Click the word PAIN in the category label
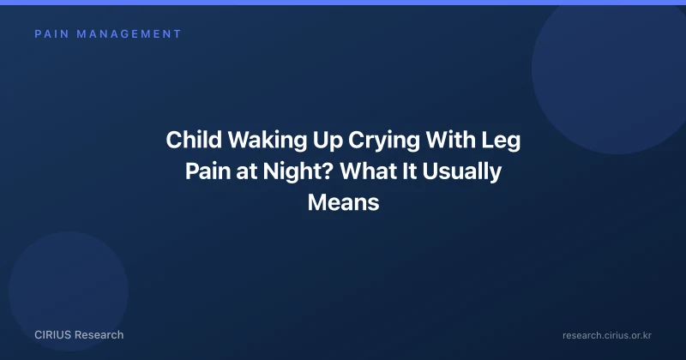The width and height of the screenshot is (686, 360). tap(52, 34)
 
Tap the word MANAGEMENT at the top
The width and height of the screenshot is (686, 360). tap(129, 34)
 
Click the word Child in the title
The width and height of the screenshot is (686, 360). tap(194, 140)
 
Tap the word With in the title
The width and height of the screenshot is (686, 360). tap(451, 140)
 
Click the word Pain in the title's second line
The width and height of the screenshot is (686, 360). tap(208, 171)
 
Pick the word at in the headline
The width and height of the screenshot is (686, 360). tap(247, 172)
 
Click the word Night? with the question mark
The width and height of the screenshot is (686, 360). tap(298, 172)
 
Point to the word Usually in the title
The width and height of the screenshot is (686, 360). tap(461, 172)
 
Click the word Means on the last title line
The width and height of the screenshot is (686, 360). tap(344, 202)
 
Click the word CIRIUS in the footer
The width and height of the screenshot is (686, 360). tap(52, 335)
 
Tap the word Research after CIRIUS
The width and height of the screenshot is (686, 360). tap(99, 335)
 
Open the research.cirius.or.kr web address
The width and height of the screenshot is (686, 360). tap(607, 335)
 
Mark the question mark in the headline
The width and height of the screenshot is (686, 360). tap(329, 171)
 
